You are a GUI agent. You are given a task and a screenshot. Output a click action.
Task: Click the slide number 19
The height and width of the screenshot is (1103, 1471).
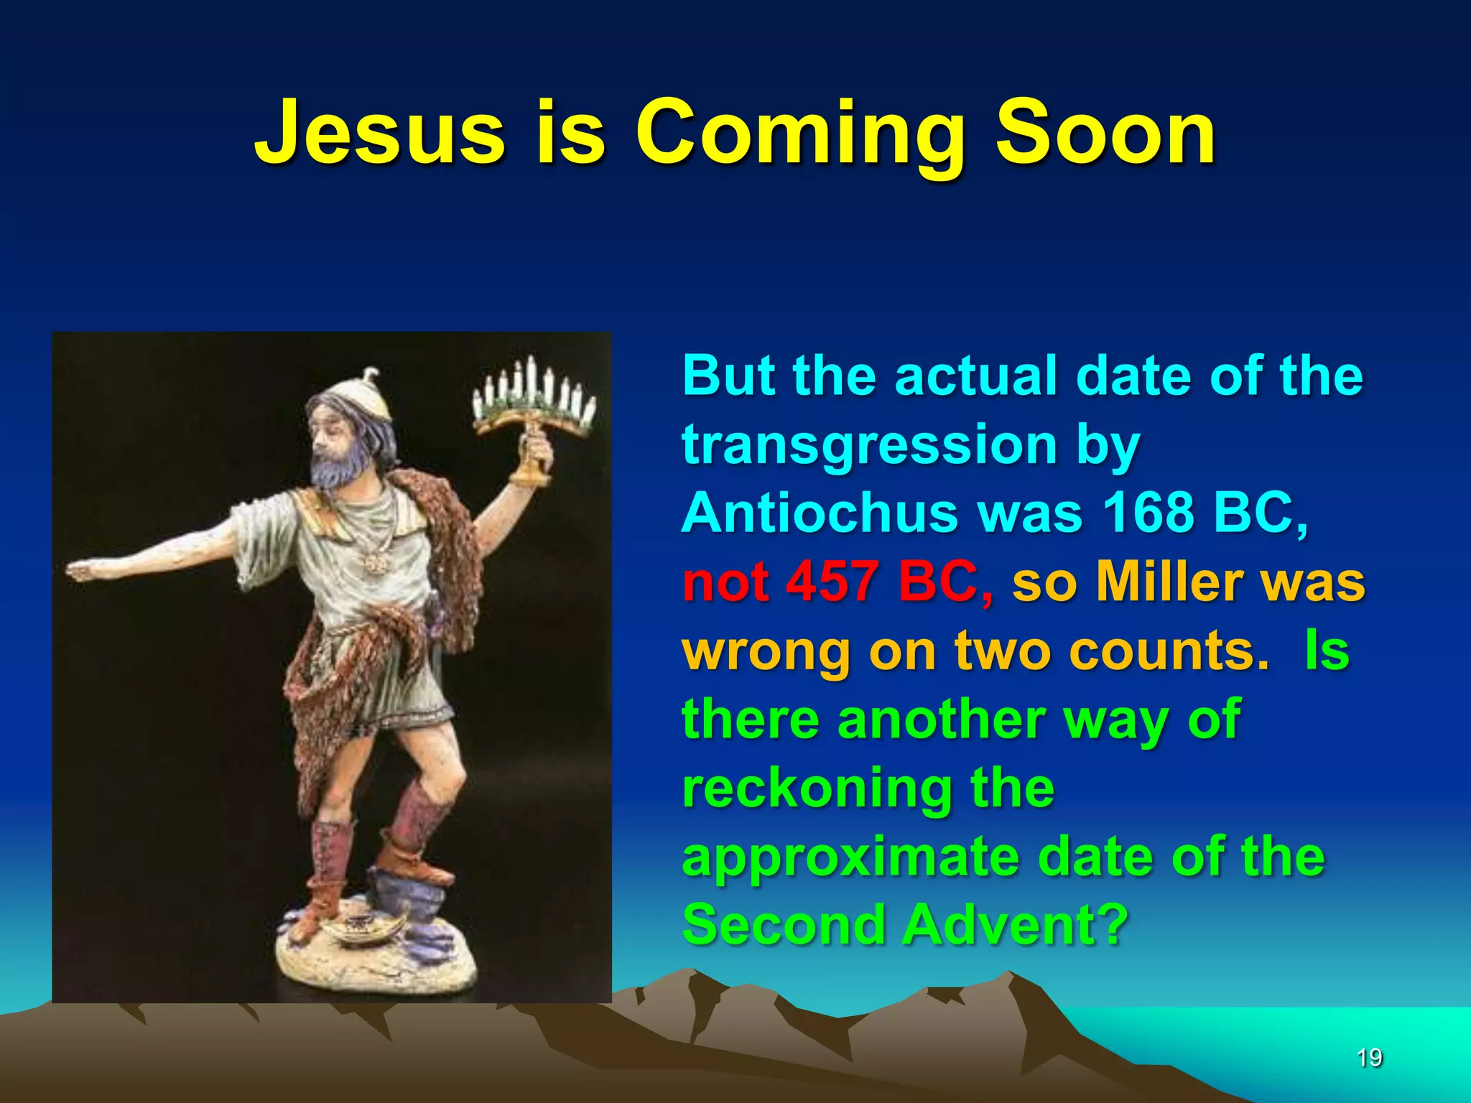[x=1369, y=1057]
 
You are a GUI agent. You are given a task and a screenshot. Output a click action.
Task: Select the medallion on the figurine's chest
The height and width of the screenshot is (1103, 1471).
[x=374, y=564]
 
